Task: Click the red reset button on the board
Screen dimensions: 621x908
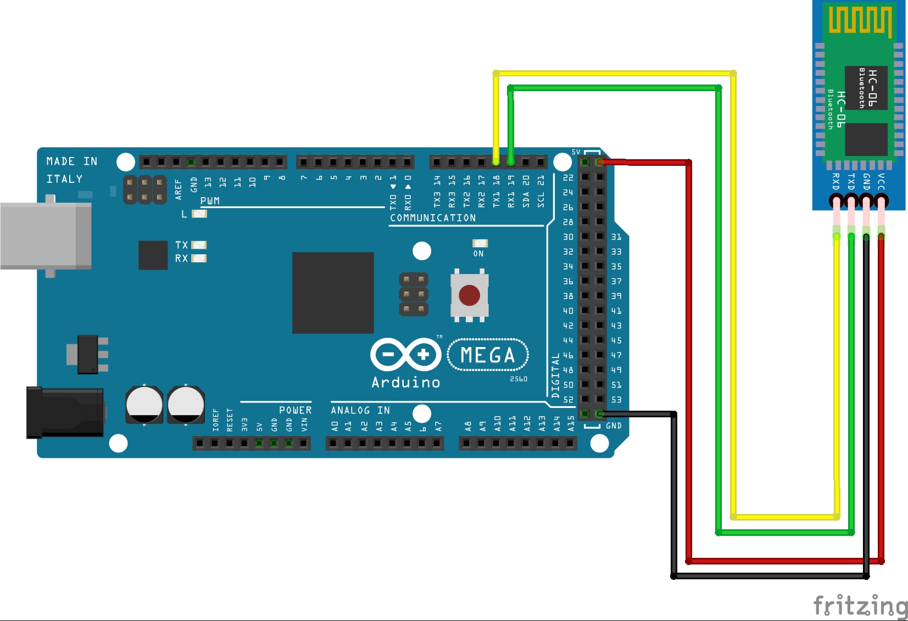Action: coord(469,295)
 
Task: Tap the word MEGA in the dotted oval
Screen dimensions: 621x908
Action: coord(488,355)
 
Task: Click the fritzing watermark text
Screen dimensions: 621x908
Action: coord(860,606)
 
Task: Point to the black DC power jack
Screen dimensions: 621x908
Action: coord(65,412)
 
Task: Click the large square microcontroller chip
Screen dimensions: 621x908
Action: coord(333,293)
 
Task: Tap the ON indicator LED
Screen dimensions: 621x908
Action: coord(480,243)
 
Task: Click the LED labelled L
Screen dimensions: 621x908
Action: coord(199,214)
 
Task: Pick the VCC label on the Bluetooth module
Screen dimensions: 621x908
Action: coord(881,181)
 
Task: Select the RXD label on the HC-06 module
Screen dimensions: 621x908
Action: coord(835,181)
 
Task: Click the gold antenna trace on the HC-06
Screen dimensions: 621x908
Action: coord(860,21)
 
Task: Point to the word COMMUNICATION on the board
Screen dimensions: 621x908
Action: coord(433,218)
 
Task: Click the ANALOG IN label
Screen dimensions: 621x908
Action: coord(360,410)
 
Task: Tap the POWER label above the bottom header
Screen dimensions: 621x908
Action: coord(295,410)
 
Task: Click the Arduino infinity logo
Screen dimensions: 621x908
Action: coord(406,354)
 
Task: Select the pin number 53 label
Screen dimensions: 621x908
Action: coord(616,400)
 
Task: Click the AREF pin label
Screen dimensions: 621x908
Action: coord(178,188)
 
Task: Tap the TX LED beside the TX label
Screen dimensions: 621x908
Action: coord(199,245)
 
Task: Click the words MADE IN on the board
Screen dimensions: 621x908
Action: coord(72,161)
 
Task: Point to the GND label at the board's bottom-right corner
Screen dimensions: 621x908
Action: coord(614,426)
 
